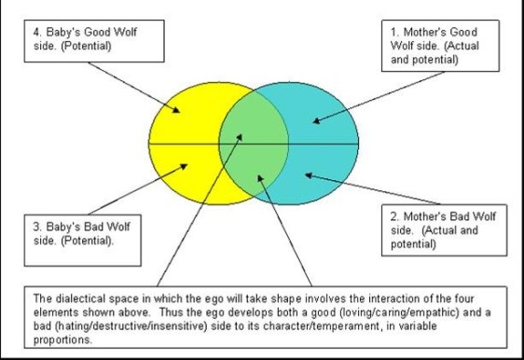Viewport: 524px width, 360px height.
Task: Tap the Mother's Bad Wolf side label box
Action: (442, 229)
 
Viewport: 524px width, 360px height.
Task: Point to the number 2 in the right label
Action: (393, 216)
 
